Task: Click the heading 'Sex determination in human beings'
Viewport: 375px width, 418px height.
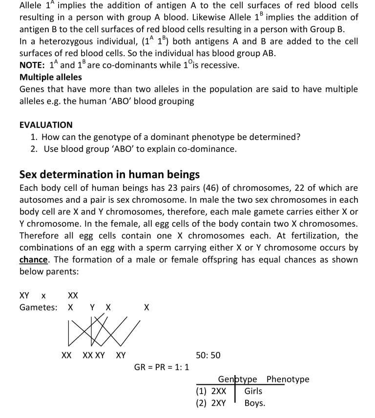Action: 109,174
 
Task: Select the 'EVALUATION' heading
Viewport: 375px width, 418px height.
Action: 46,125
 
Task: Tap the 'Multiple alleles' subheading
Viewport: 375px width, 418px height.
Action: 51,77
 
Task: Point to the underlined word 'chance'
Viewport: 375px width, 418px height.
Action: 34,259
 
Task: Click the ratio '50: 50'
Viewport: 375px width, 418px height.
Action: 208,355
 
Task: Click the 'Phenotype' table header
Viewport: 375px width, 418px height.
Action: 288,379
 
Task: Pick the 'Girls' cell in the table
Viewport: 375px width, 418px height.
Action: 253,391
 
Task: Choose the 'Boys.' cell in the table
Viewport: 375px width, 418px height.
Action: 254,403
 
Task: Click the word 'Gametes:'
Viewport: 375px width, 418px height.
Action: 38,307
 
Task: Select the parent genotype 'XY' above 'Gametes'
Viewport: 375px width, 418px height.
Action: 24,295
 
